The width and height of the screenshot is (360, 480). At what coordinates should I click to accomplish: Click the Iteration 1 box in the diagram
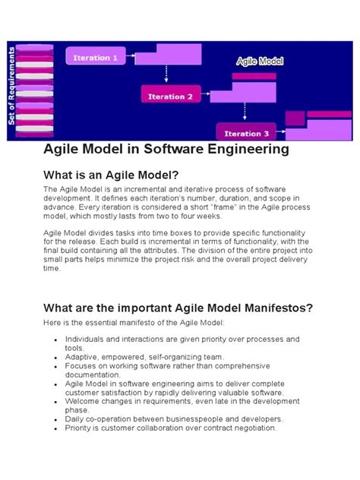[x=95, y=58]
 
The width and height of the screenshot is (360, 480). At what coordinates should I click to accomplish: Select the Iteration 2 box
[x=170, y=96]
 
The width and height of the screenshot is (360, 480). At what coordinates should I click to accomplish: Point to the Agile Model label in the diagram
[x=260, y=60]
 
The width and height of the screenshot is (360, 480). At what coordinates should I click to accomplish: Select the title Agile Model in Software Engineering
[x=166, y=150]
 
